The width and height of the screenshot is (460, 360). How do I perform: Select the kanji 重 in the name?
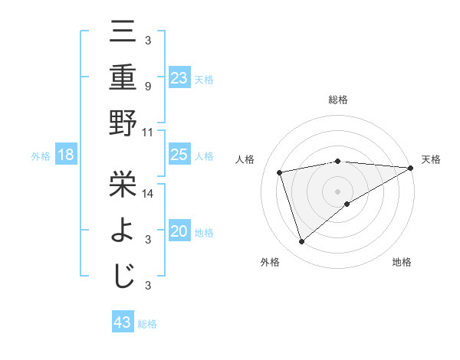123,77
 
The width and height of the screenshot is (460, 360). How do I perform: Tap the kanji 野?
123,123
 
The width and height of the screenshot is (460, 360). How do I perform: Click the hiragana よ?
123,228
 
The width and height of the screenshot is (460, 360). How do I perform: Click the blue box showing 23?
179,77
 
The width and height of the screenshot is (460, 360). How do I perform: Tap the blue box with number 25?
179,155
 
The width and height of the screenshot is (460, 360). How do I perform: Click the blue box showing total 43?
123,322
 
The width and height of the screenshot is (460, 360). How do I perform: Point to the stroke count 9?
147,86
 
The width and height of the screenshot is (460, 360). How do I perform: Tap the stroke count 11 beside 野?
148,132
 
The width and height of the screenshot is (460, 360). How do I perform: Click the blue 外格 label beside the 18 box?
41,156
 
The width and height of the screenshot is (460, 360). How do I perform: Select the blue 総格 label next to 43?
147,323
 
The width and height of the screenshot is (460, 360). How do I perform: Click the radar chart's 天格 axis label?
431,159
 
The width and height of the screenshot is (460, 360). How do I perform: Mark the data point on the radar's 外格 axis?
301,242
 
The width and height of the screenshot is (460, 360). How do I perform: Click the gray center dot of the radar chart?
337,190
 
